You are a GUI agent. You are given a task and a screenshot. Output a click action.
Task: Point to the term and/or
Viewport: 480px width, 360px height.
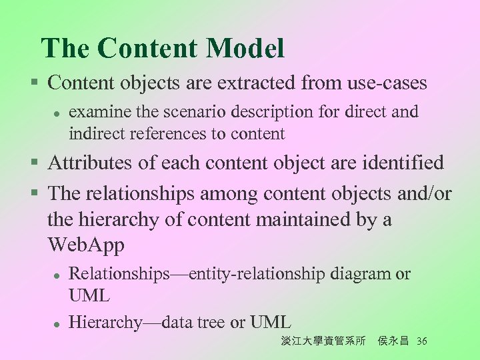[x=425, y=193]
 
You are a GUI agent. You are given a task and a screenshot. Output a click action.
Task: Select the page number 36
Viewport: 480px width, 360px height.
[x=421, y=341]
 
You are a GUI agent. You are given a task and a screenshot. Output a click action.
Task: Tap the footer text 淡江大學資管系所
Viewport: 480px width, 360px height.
[x=323, y=341]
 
